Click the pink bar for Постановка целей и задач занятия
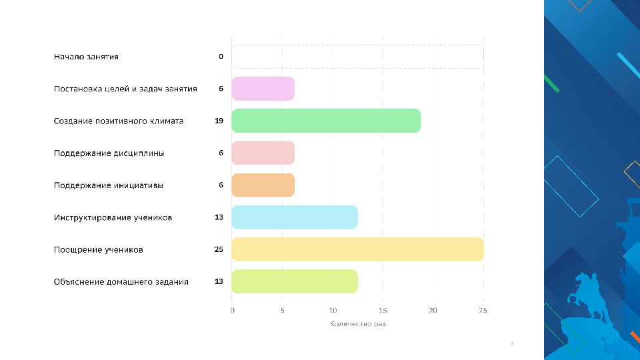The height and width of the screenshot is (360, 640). [x=263, y=89]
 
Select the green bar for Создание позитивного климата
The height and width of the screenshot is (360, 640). [x=326, y=121]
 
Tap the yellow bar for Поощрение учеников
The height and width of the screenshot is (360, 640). [x=357, y=249]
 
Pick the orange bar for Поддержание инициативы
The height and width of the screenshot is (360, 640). [x=263, y=185]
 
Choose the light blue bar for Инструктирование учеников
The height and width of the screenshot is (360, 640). [x=295, y=217]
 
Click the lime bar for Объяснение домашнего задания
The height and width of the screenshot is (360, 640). [x=295, y=281]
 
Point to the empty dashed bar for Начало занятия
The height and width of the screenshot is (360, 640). [x=357, y=57]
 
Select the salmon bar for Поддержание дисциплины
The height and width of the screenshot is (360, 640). [x=263, y=153]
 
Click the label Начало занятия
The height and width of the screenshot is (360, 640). [x=86, y=57]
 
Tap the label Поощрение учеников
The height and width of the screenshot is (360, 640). [x=98, y=250]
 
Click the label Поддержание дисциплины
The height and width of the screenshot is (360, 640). [x=109, y=153]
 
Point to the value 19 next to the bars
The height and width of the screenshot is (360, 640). [x=219, y=121]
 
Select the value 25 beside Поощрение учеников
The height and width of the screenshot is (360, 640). [x=219, y=249]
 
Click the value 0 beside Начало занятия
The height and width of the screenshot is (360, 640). [x=221, y=57]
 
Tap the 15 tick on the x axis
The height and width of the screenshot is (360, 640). [x=383, y=310]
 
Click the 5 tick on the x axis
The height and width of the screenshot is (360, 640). [x=282, y=310]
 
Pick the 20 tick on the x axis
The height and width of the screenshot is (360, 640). [x=433, y=310]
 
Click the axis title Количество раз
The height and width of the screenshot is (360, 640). [x=358, y=324]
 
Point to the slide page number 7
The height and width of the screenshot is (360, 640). [x=511, y=344]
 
